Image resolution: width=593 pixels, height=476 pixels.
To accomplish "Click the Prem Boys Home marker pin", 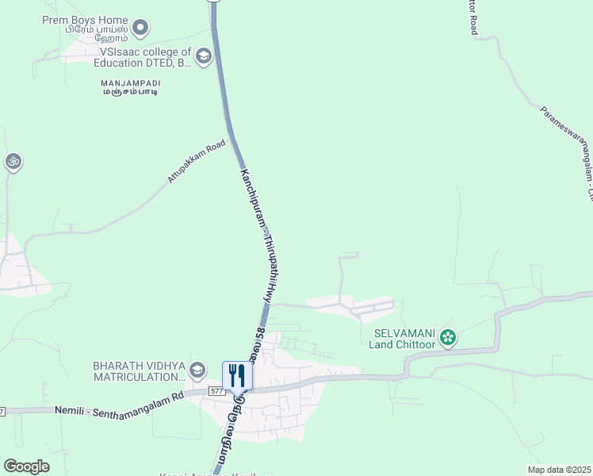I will point(141,29).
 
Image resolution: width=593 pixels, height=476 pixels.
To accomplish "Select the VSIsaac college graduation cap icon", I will point(204,56).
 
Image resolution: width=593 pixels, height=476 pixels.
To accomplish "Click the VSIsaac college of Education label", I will point(143,56).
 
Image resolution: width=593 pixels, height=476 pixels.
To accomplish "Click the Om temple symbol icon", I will point(12,162).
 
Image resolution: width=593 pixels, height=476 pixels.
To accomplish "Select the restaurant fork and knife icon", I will point(236,374).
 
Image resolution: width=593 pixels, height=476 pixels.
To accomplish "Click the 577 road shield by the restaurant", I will point(217,391).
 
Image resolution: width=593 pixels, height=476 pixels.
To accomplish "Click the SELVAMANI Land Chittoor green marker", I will point(448,338).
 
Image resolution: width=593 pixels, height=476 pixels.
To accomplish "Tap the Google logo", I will point(27,466).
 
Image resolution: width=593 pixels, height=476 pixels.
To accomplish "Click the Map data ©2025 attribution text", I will point(560,470).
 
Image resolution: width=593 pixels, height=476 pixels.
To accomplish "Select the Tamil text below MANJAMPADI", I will point(129,93).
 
